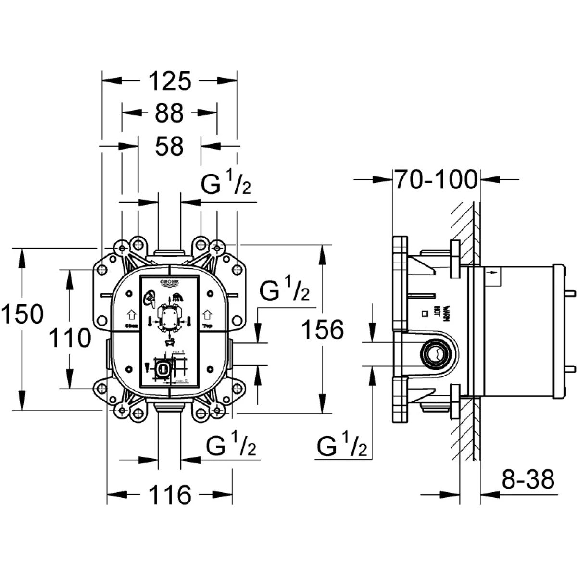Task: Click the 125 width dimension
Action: (x=169, y=81)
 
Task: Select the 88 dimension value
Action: (x=169, y=113)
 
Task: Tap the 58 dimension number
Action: (x=169, y=146)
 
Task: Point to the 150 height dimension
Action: (x=22, y=315)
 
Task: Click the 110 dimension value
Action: (x=70, y=338)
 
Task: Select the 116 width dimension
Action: (x=170, y=494)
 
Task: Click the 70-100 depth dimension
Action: (x=436, y=180)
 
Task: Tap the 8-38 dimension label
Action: (x=528, y=479)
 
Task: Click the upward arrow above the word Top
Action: (x=207, y=315)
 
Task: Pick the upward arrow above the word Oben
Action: (x=130, y=315)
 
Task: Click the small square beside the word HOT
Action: (x=425, y=314)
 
